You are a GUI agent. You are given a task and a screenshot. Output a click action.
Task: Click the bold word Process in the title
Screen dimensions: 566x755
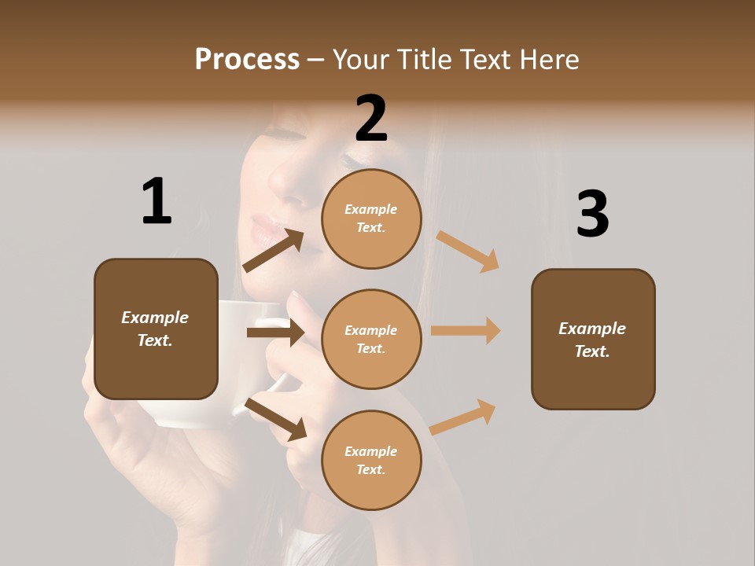247,60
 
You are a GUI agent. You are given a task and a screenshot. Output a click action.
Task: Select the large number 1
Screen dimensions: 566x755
157,201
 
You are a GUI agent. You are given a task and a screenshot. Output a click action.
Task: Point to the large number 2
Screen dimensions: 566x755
371,119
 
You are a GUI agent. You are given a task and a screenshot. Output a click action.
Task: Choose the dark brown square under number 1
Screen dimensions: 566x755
156,329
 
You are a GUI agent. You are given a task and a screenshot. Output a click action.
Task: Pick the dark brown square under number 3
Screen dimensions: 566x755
593,339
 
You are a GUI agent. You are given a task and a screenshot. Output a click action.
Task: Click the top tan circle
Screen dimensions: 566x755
371,219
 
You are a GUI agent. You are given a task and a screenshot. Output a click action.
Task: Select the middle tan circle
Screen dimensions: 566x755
371,339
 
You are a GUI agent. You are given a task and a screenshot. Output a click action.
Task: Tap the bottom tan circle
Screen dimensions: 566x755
371,460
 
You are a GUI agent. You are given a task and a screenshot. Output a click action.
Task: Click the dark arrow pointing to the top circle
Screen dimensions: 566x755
273,251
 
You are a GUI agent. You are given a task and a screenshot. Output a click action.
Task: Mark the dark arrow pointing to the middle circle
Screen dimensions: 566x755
275,333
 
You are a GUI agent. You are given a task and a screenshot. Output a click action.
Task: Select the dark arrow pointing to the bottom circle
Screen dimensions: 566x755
275,418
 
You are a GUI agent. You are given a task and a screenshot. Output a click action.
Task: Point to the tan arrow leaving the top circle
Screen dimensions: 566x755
468,251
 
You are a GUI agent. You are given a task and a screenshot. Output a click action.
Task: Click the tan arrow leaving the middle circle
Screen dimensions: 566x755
466,331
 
